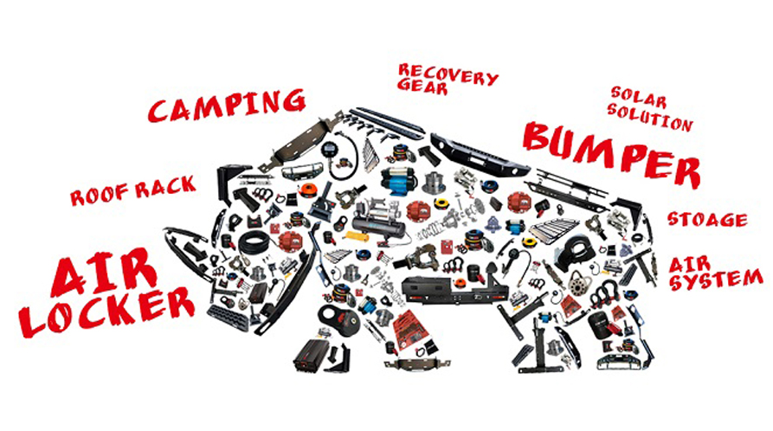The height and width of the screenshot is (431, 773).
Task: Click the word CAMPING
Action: click(227, 105)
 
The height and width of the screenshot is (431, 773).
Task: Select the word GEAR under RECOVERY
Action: click(422, 87)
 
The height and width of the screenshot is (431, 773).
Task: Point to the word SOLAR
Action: click(639, 98)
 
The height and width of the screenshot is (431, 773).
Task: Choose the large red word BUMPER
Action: click(612, 151)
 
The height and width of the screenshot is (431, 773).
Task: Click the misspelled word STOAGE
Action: click(707, 219)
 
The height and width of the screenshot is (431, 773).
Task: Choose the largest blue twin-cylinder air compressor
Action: click(396, 181)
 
